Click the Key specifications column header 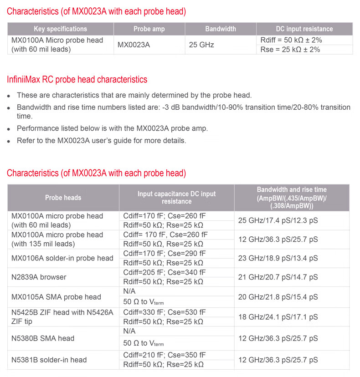60,29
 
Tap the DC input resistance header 304,29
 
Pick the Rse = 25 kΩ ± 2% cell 290,49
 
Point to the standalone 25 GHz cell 201,45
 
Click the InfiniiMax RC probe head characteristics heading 77,80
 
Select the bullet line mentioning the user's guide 102,140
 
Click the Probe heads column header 63,198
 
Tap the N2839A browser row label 39,277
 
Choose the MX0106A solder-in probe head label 62,258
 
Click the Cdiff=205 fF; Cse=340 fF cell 164,272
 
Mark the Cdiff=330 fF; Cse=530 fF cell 164,312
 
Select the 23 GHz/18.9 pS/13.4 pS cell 278,258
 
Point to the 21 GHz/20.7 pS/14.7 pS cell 278,277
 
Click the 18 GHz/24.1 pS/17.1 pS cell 278,317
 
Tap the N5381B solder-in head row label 49,360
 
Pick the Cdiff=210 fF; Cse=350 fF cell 164,355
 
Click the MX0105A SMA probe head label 56,297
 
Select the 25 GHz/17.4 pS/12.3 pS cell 278,221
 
